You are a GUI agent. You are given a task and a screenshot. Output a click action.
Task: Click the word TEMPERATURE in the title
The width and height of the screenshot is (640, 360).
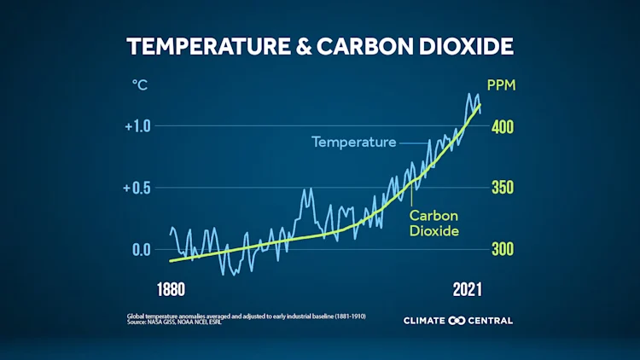[x=210, y=46]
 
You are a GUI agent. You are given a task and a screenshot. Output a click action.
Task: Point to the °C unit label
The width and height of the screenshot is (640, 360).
[x=140, y=85]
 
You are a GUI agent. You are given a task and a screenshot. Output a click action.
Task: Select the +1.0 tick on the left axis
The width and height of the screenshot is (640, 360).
[x=137, y=126]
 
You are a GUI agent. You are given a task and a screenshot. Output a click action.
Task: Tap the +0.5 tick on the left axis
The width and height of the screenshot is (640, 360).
[x=137, y=188]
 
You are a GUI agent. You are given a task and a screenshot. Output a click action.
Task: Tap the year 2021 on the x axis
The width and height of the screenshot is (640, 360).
[x=468, y=289]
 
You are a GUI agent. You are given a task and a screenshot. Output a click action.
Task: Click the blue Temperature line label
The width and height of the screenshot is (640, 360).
[x=353, y=142]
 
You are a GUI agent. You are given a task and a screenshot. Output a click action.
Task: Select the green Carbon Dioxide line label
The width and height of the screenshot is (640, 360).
[x=434, y=223]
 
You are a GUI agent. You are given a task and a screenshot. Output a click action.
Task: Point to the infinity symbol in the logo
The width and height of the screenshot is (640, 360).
[x=456, y=321]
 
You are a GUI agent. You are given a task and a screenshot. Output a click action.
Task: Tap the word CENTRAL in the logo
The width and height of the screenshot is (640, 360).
[x=490, y=321]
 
